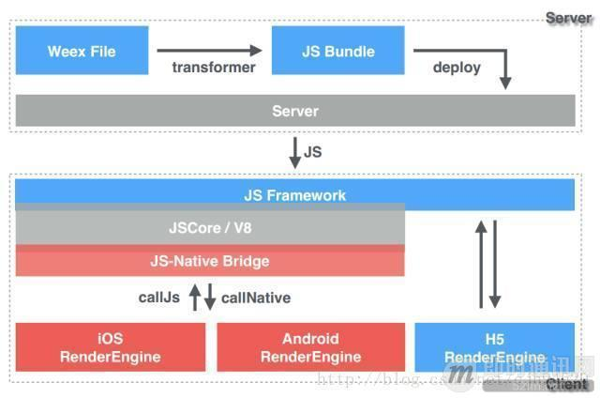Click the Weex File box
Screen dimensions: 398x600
click(x=82, y=51)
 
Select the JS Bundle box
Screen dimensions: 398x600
click(x=338, y=51)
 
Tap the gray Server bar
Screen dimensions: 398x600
click(x=294, y=111)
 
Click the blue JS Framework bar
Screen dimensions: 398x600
click(x=294, y=195)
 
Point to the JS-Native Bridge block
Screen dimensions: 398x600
click(x=210, y=260)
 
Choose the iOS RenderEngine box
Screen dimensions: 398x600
click(x=110, y=346)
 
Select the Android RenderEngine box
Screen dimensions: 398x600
click(x=310, y=346)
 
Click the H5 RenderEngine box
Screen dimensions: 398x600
click(x=494, y=346)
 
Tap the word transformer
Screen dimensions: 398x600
click(x=214, y=68)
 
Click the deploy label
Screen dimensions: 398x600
click(x=457, y=68)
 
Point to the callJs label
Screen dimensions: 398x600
click(x=159, y=298)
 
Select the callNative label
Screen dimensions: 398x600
click(x=256, y=298)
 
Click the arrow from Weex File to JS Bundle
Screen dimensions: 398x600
click(x=210, y=51)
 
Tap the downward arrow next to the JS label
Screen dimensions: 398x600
click(x=294, y=151)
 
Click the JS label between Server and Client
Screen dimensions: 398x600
click(x=313, y=150)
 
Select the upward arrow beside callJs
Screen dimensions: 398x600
click(x=194, y=298)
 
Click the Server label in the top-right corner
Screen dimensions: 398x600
click(x=569, y=18)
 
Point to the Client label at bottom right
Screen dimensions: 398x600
click(x=568, y=384)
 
